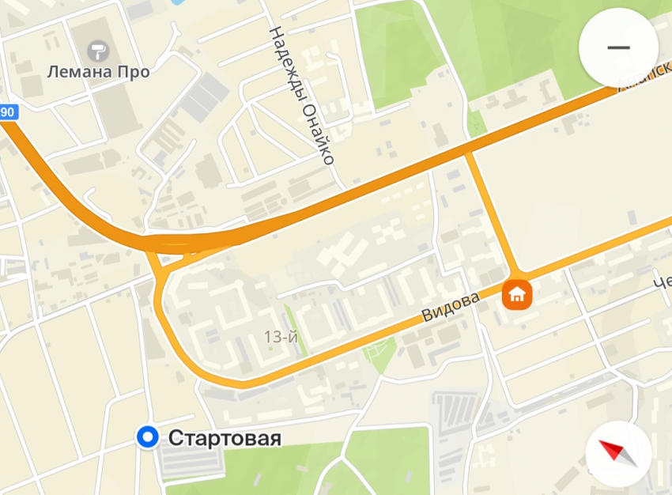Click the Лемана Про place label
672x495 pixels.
(x=98, y=72)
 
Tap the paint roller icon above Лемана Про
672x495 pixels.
(x=99, y=50)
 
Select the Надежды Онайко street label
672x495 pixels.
(x=301, y=95)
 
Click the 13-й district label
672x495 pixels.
(x=281, y=337)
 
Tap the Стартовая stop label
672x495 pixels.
(x=225, y=437)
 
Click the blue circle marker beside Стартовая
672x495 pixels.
(x=146, y=436)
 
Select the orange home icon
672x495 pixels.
(x=517, y=295)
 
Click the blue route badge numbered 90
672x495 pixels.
(x=7, y=112)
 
